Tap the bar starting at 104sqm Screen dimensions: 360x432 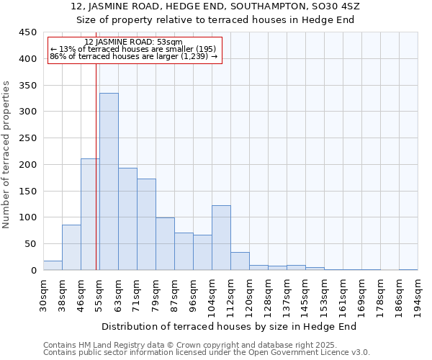(221, 238)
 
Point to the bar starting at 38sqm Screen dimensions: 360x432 (71, 248)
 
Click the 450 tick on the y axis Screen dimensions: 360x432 (28, 32)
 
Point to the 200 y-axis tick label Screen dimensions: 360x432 (28, 165)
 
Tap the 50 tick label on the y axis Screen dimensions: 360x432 (31, 244)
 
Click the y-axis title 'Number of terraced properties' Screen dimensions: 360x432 (7, 154)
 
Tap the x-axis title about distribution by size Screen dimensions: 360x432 (229, 326)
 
